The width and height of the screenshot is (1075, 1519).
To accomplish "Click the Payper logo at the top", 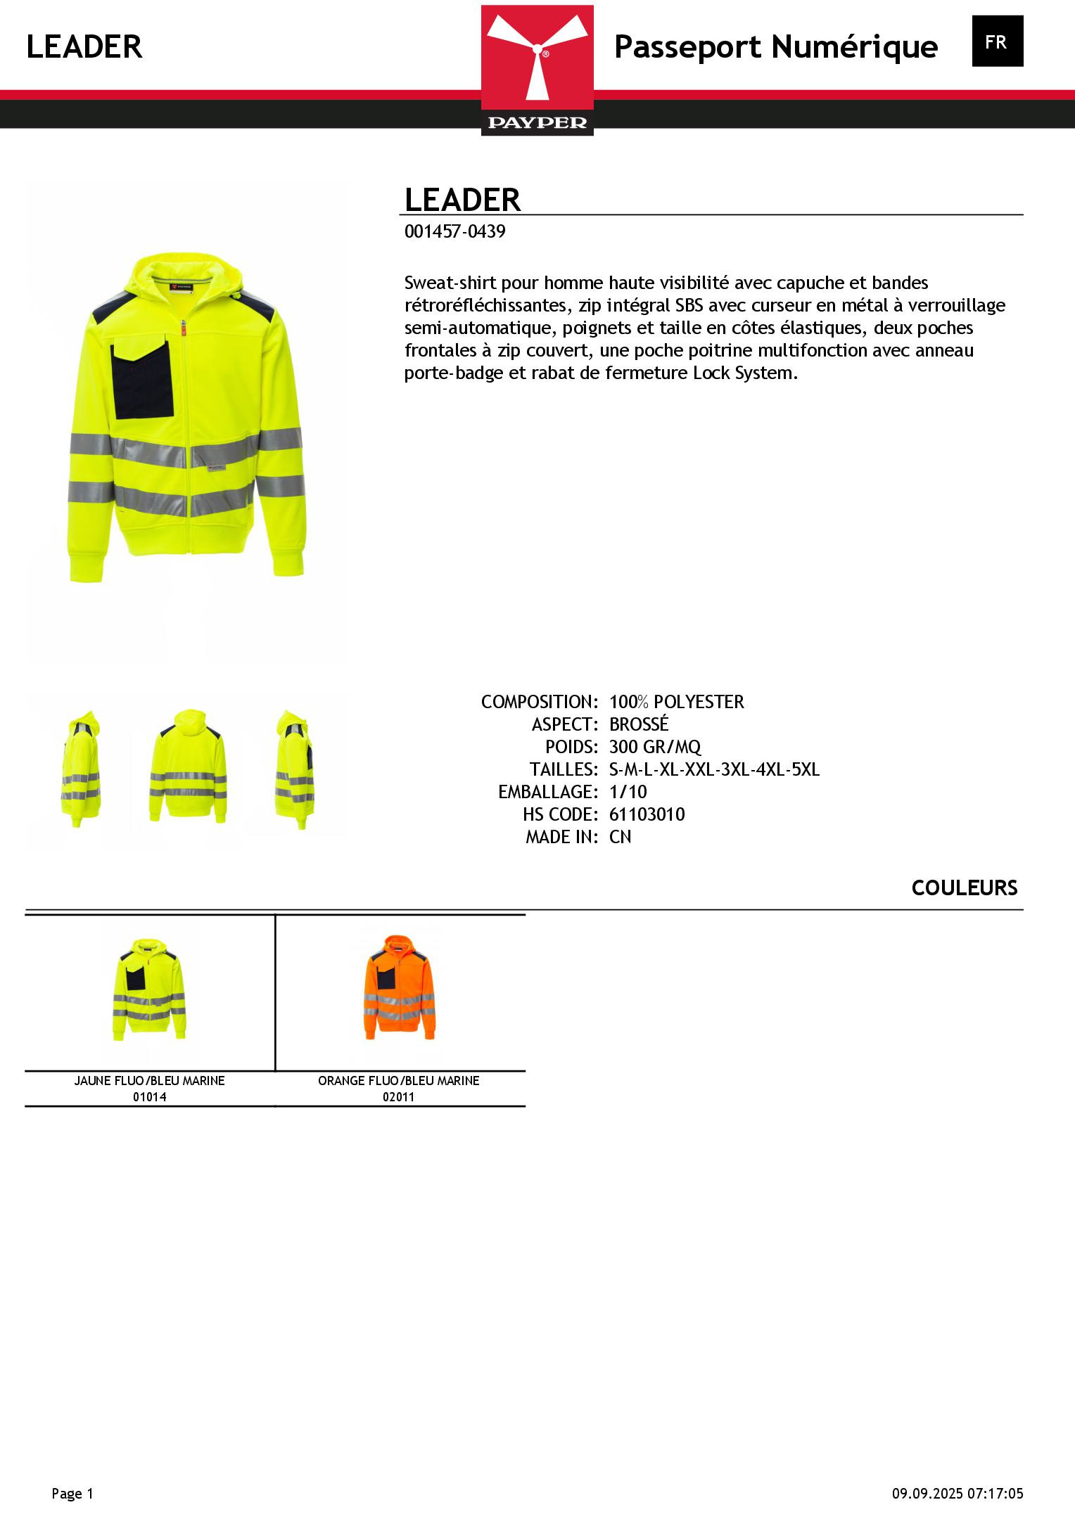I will coord(537,70).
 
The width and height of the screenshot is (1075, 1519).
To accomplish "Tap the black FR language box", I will coord(997,41).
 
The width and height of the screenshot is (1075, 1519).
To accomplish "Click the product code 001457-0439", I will coord(454,231).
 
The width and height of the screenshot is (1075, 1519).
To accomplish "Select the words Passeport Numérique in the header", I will coord(775,47).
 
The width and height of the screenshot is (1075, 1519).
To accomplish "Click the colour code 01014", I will coord(149,1096).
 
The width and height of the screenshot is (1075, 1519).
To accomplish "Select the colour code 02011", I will coord(399,1096).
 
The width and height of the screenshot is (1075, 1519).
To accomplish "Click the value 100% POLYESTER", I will coord(676,702).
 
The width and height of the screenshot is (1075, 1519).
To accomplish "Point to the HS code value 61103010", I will coord(647,814).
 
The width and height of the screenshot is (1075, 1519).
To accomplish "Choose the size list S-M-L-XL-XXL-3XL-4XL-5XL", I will coord(714,769).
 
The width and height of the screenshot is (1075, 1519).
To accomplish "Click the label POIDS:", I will coord(571,747).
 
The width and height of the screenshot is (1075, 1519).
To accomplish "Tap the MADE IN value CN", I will coord(620,837).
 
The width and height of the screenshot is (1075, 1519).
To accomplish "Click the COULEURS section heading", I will coord(964,888).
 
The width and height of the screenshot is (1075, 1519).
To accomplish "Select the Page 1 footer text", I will coord(72,1493).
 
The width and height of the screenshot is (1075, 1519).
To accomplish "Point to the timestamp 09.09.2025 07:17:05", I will coord(958,1493).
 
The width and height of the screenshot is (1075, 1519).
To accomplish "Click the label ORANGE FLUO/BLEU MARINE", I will coord(399,1080).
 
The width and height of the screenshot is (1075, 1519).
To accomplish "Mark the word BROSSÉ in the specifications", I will coord(638,724).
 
